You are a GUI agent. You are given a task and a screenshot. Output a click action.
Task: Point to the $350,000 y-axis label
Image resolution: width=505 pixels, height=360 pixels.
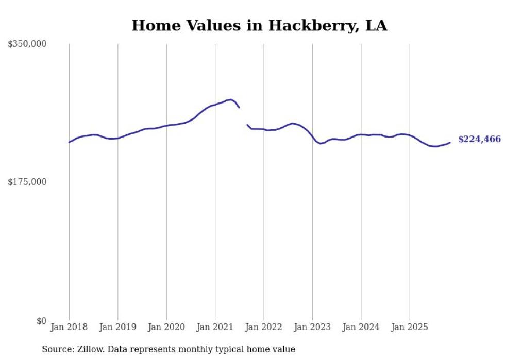tap(27, 44)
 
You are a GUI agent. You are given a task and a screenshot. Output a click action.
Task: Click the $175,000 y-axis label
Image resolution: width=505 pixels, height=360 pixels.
tap(27, 182)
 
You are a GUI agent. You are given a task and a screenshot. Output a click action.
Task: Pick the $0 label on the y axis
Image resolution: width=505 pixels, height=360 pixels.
tap(41, 321)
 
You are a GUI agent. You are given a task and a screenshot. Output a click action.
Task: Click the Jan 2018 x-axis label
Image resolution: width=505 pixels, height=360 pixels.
tap(69, 327)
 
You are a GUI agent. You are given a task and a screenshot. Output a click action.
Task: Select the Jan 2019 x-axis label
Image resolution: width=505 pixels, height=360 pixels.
tap(117, 327)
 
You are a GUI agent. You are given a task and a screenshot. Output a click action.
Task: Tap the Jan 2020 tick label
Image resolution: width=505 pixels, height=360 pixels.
tap(166, 327)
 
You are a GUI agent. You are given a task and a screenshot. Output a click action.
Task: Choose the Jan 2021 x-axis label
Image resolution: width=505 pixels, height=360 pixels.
tap(215, 327)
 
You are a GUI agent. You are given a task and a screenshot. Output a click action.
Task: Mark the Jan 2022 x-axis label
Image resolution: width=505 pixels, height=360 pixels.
tap(264, 327)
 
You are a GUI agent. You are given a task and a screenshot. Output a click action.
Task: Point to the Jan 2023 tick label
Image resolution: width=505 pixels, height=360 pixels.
tap(312, 327)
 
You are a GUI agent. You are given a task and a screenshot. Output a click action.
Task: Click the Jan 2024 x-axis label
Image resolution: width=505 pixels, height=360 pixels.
tap(361, 327)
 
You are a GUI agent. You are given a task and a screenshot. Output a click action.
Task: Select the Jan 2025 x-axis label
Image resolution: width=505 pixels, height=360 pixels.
tap(410, 327)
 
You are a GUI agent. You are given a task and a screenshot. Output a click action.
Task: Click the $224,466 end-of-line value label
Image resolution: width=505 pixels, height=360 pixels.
tap(479, 140)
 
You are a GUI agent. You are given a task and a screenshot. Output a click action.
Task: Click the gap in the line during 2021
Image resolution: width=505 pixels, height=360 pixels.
tap(243, 116)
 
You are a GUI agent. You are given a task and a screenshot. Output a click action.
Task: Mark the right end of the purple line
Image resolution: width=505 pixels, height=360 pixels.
tap(450, 143)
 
